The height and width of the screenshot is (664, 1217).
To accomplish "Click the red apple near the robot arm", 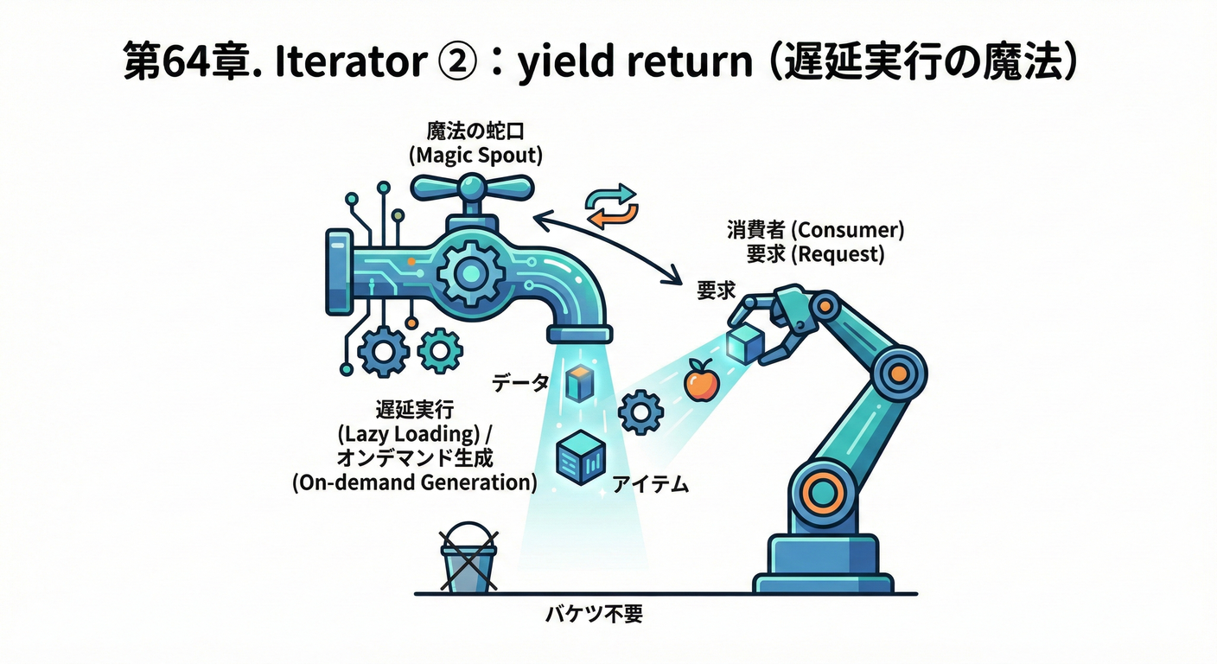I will pyautogui.click(x=700, y=381).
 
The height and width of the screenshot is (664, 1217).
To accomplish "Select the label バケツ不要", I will pyautogui.click(x=595, y=616).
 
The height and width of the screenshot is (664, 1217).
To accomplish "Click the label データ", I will pyautogui.click(x=520, y=382).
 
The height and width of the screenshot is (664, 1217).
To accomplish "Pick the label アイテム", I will pyautogui.click(x=650, y=484).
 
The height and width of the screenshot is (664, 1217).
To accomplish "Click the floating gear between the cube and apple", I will pyautogui.click(x=641, y=412).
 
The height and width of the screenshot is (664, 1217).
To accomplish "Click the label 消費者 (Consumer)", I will pyautogui.click(x=815, y=231).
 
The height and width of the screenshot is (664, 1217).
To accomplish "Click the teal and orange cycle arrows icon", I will pyautogui.click(x=610, y=205).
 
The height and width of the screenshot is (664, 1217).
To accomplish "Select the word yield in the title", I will pyautogui.click(x=566, y=63).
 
